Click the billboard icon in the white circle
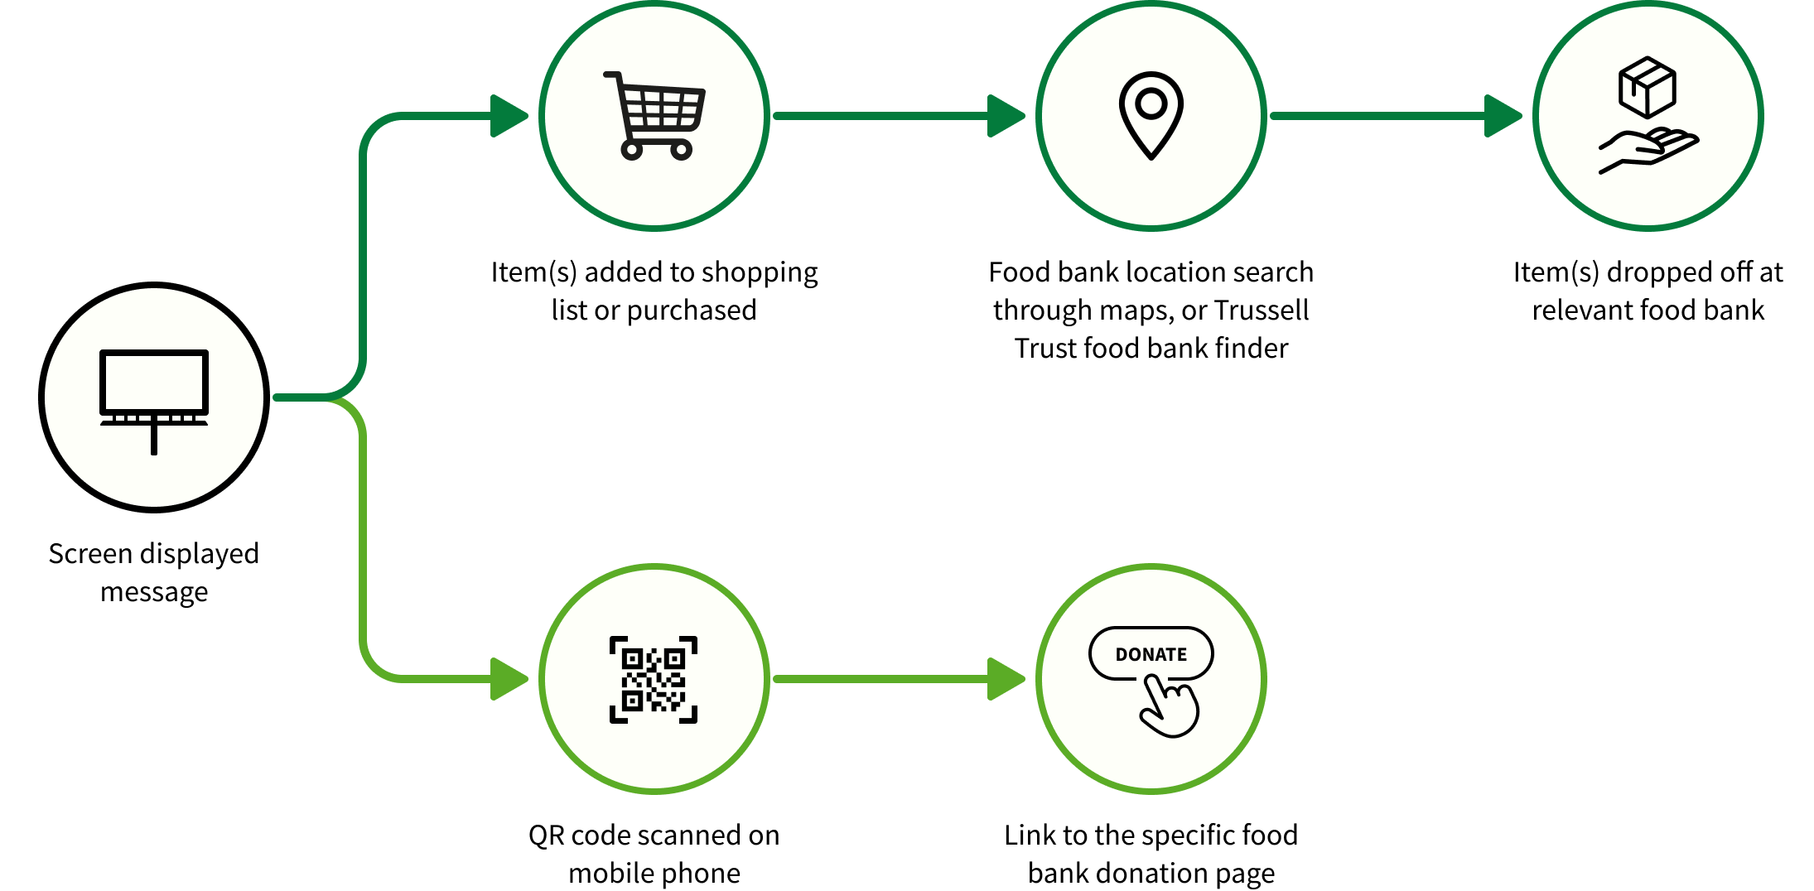click(154, 397)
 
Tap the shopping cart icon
click(654, 116)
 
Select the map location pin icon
click(1151, 115)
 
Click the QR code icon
click(654, 679)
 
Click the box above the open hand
click(1648, 87)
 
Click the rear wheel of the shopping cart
click(632, 150)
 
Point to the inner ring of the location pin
click(1151, 104)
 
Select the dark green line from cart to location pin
click(878, 116)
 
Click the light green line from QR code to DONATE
click(878, 679)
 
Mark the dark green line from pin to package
click(1375, 116)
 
